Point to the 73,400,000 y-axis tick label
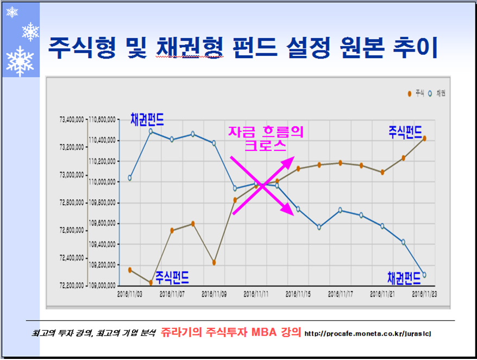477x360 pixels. (71, 119)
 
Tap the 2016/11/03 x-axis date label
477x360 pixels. (130, 293)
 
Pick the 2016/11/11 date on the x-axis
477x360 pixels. (256, 293)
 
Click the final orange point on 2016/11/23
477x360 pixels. (424, 138)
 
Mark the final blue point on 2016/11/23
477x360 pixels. (424, 275)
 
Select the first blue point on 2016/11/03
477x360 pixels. (130, 178)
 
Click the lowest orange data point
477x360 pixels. (150, 282)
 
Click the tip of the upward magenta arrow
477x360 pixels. (293, 157)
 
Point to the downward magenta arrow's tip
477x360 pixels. (294, 215)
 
